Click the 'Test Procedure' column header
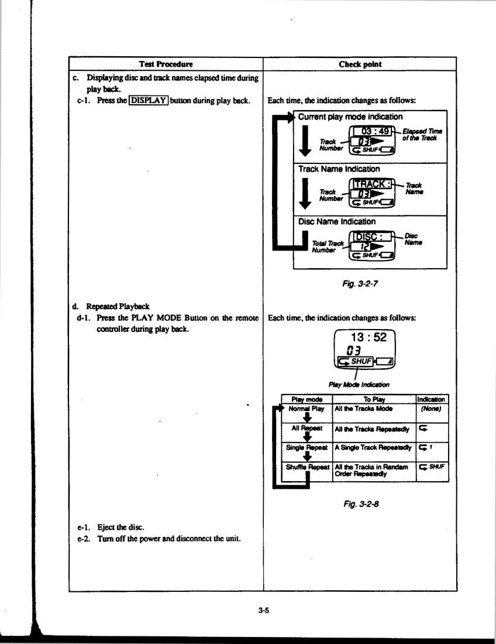click(166, 64)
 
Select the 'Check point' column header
click(360, 64)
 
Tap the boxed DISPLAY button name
click(149, 101)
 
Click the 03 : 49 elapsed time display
click(374, 131)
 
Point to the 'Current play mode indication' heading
click(350, 117)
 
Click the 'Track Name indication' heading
click(339, 169)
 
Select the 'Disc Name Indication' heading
click(337, 221)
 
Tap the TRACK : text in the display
click(372, 184)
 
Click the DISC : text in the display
click(369, 237)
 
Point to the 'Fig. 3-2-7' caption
click(360, 283)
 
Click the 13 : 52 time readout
click(368, 337)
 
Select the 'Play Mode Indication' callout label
click(359, 385)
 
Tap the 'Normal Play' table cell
click(306, 409)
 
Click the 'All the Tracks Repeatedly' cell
click(371, 429)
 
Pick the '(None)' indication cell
click(430, 409)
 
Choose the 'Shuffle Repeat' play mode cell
click(307, 467)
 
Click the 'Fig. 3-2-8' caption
click(361, 503)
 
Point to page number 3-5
click(264, 610)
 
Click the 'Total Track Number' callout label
click(328, 247)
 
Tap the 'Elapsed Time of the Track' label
click(422, 135)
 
